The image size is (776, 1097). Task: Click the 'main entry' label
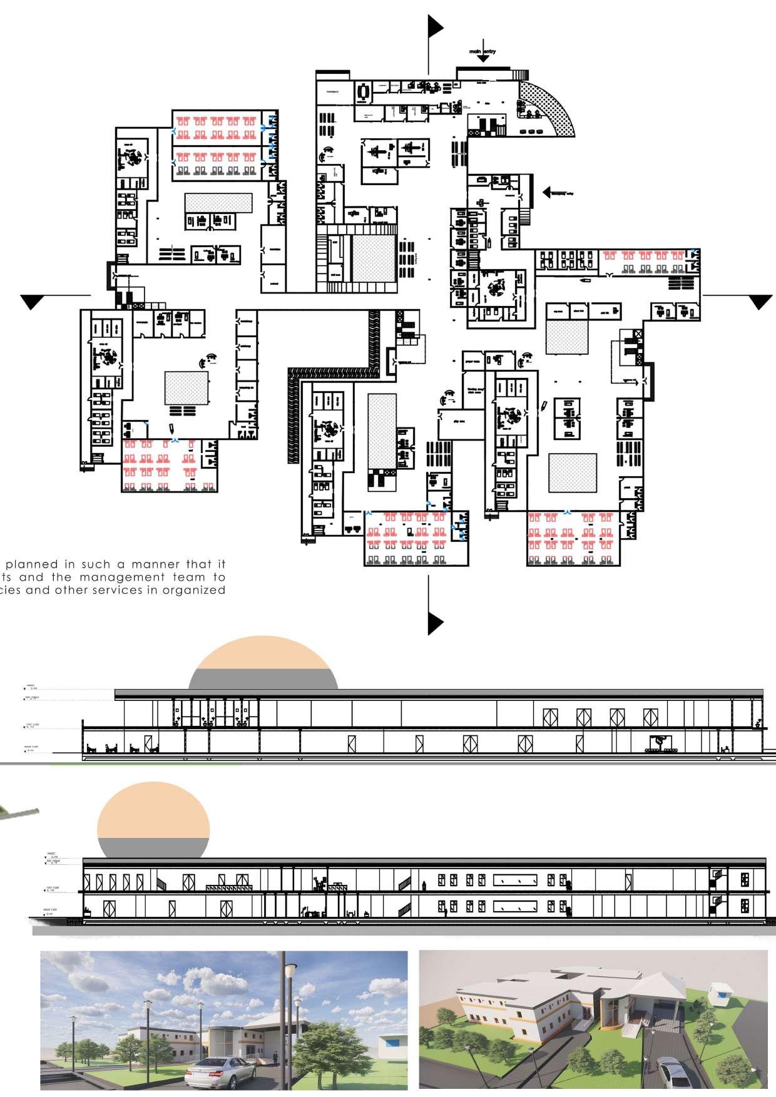pos(482,51)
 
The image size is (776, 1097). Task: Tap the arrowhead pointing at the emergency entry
pos(547,192)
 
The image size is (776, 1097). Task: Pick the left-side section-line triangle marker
pos(33,302)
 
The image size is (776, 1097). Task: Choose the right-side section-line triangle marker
pos(760,302)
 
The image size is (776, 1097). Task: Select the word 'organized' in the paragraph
pos(198,589)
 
